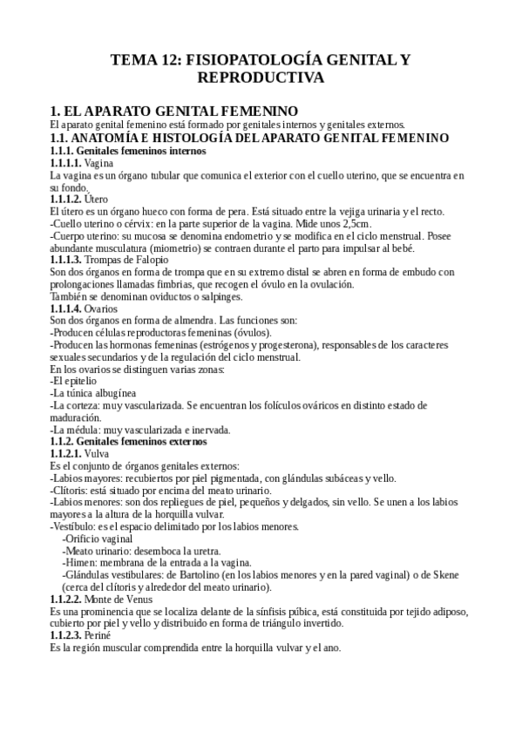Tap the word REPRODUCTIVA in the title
coord(261,78)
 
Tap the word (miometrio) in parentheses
coord(166,247)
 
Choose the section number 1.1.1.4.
coord(66,308)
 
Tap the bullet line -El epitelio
coord(73,382)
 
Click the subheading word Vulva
coord(98,453)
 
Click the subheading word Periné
coord(98,636)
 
